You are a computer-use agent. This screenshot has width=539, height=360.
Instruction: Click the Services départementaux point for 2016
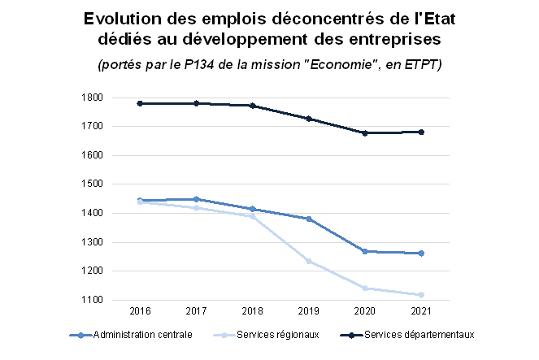tap(140, 103)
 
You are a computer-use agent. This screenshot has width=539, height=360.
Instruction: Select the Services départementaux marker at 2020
tap(365, 132)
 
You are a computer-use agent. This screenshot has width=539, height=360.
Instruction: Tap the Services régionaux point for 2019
tap(309, 261)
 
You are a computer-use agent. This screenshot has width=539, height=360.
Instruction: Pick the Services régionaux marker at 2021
tap(421, 295)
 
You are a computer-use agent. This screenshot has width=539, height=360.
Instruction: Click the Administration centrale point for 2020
tap(365, 251)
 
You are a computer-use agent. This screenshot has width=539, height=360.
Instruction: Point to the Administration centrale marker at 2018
tap(253, 209)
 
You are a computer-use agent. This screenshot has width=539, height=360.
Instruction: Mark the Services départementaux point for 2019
tap(309, 119)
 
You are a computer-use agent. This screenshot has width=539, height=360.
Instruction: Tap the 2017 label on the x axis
tap(196, 312)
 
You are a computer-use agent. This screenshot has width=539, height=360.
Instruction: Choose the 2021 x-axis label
tap(421, 312)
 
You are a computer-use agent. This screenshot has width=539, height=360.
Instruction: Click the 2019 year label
tap(309, 312)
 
